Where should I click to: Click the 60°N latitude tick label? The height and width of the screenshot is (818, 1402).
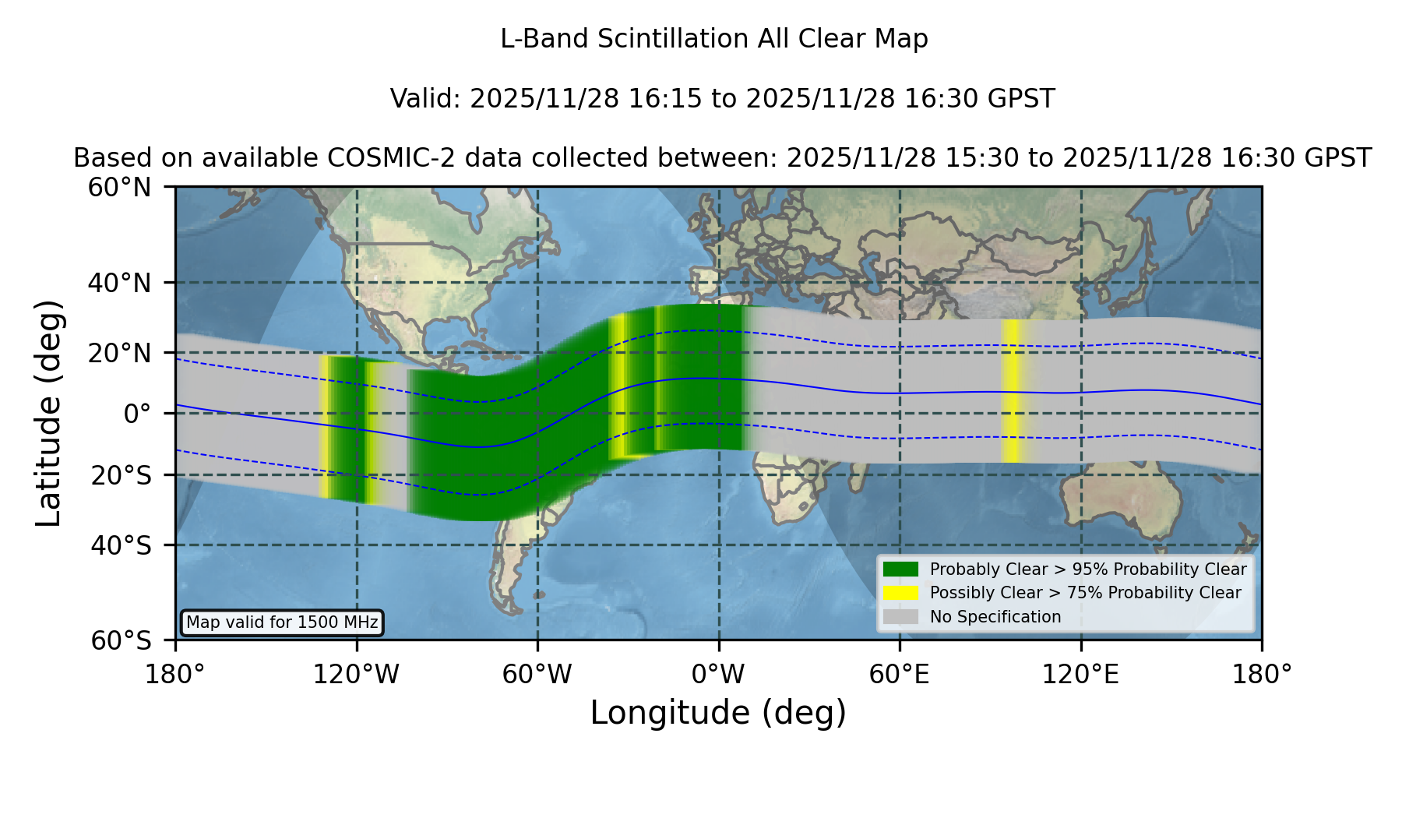[120, 188]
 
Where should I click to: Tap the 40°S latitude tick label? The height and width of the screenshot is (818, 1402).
[122, 545]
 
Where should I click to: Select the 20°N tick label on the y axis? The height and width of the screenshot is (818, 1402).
[120, 353]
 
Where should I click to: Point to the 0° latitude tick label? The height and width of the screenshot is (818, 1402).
[137, 413]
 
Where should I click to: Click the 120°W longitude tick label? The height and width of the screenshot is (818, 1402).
[356, 674]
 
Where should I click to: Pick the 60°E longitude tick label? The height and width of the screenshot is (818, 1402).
[900, 674]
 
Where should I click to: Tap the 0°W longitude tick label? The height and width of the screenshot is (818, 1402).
[718, 674]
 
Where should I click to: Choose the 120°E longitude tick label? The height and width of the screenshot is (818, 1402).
[1080, 674]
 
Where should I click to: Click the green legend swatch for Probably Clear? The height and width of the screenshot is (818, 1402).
[900, 569]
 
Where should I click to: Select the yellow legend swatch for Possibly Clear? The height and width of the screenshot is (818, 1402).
[900, 593]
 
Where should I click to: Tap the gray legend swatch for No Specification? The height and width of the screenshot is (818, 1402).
[900, 617]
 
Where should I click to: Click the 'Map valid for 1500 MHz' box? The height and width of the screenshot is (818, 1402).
[282, 622]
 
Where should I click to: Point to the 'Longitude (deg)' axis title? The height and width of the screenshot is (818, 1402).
[718, 713]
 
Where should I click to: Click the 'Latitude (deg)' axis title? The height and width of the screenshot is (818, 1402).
[49, 413]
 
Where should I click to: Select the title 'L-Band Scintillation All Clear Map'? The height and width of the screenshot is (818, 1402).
[714, 39]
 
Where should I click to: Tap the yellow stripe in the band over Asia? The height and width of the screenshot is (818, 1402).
[1011, 390]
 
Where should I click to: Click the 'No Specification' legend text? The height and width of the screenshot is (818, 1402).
[995, 617]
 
